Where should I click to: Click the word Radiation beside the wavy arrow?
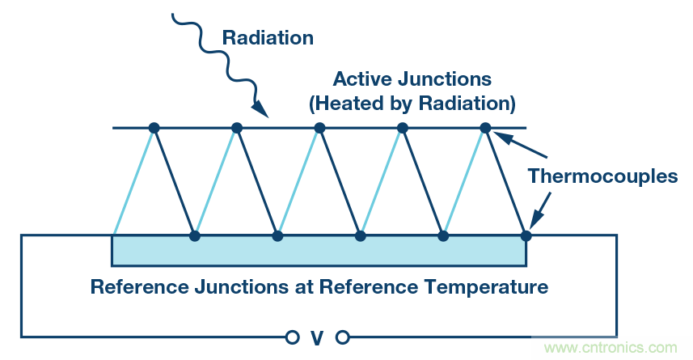[268, 37]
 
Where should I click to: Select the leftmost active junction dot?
[154, 128]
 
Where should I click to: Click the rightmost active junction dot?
[485, 128]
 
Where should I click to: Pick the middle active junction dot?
[319, 128]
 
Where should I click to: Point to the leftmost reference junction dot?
[194, 236]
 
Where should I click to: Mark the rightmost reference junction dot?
[526, 236]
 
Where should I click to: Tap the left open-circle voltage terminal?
[291, 337]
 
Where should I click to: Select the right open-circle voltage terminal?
[342, 337]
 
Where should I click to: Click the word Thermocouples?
[602, 177]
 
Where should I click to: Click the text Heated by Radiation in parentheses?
[412, 104]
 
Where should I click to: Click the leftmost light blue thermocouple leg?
[133, 182]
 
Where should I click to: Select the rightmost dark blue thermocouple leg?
[505, 182]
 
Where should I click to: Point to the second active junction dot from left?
[237, 128]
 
